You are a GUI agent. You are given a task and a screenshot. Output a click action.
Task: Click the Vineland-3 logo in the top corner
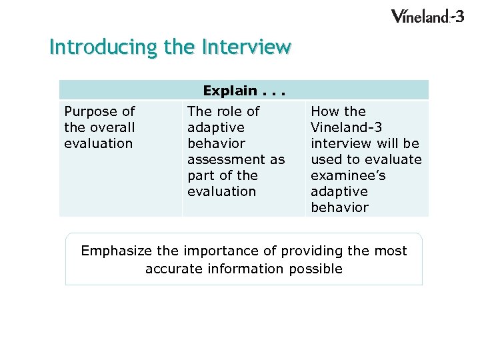point(427,16)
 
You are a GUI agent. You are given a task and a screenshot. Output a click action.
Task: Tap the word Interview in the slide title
point(246,47)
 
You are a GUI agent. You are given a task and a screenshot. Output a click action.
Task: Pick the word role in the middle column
point(226,111)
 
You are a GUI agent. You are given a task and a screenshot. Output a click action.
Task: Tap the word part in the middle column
point(201,175)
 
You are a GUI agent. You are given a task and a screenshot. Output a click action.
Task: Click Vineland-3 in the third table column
point(346,127)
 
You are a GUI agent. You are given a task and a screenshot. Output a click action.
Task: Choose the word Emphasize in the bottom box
point(116,251)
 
